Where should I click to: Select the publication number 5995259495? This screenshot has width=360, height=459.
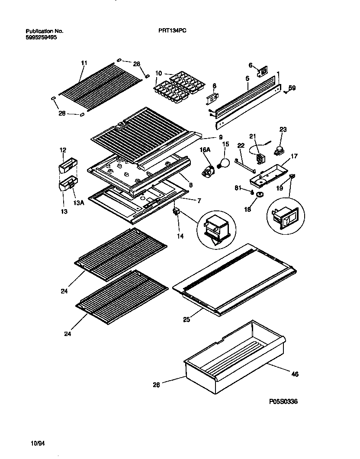tap(41, 37)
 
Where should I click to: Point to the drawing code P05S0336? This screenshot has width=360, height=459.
tap(283, 402)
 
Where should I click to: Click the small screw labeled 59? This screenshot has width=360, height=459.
tap(286, 91)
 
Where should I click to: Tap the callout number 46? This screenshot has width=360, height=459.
tap(295, 374)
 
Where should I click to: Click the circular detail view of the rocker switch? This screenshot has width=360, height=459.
tap(286, 217)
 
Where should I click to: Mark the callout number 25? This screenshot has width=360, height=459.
tap(186, 320)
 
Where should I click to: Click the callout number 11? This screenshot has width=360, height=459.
tap(84, 63)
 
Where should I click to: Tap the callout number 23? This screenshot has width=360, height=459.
tap(283, 129)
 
